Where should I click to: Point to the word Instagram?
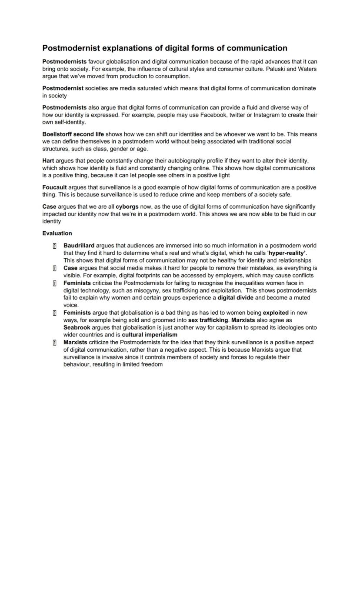[x=267, y=115]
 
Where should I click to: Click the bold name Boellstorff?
[x=57, y=134]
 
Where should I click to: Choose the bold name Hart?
[x=48, y=161]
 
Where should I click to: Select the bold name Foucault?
[x=54, y=187]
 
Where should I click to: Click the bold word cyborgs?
[x=127, y=207]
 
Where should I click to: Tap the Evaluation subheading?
[x=57, y=233]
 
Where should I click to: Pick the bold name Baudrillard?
[x=79, y=246]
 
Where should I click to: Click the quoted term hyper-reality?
[x=287, y=253]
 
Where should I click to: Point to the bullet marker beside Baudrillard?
[x=55, y=246]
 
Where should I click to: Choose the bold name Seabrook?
[x=77, y=327]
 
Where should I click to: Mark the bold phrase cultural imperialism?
[x=150, y=335]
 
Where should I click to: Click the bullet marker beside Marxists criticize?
[x=55, y=343]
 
